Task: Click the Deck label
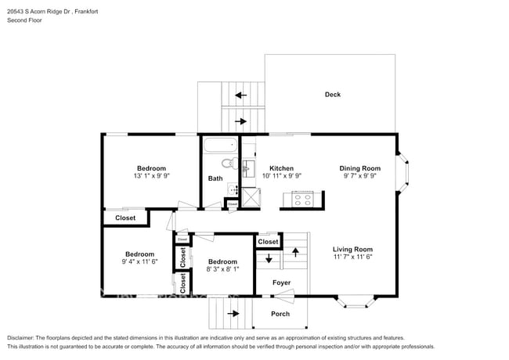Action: click(x=333, y=95)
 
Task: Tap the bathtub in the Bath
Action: click(x=220, y=146)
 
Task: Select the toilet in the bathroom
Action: click(x=229, y=164)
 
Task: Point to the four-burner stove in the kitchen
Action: click(x=302, y=200)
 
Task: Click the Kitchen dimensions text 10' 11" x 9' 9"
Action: click(x=281, y=177)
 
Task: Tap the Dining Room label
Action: click(x=359, y=168)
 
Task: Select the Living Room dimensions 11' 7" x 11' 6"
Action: click(x=352, y=257)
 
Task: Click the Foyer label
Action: click(x=281, y=283)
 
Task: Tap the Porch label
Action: click(x=280, y=314)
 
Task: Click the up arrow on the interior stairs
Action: click(x=295, y=252)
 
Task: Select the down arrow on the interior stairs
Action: click(x=269, y=259)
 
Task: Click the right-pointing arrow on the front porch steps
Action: click(x=233, y=314)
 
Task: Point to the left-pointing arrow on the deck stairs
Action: click(x=240, y=95)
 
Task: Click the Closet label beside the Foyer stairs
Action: click(x=268, y=242)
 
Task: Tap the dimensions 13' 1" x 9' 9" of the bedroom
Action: click(x=151, y=177)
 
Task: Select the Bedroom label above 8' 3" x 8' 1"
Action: click(x=222, y=261)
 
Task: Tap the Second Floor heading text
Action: click(x=24, y=20)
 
